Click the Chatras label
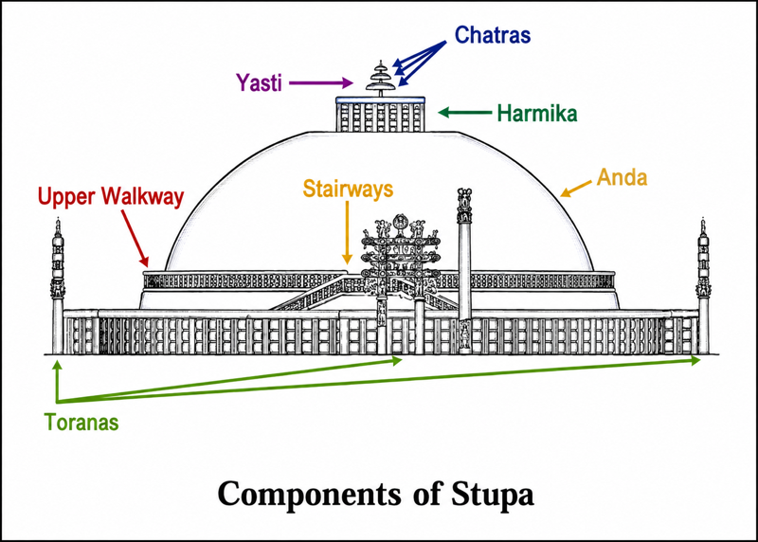coord(492,35)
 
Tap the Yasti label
coord(259,82)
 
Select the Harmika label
coord(537,114)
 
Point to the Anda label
coord(622,177)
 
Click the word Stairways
coord(348,190)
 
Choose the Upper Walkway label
coord(111,197)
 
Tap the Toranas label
coord(81,422)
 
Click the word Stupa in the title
coord(493,494)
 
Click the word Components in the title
coord(310,494)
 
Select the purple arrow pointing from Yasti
coord(321,82)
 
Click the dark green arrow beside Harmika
coord(465,113)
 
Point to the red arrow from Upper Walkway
coord(135,239)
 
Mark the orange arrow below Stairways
coord(347,232)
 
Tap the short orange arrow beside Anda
coord(576,189)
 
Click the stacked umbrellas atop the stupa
coord(381,79)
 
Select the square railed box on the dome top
coord(381,114)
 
